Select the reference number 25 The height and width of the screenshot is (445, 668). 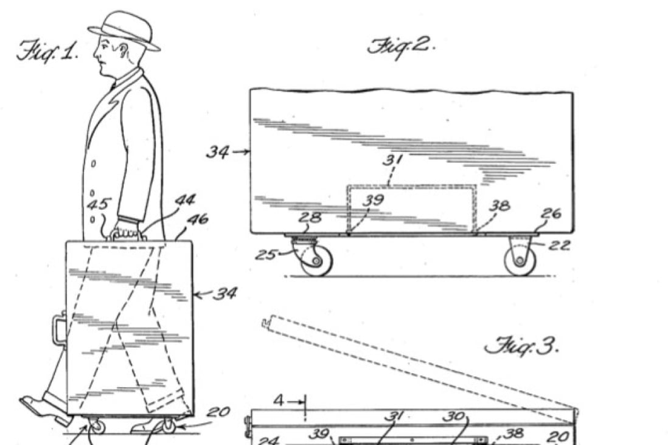pos(266,255)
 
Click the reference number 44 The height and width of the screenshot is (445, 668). pos(185,200)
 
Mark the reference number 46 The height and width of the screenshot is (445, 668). pos(197,219)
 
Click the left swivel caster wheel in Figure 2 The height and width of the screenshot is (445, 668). pos(316,261)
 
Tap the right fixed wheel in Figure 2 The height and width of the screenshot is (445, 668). pos(520,261)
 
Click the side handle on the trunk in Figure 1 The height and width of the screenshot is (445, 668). pos(58,328)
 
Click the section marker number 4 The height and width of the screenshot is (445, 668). pos(279,401)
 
